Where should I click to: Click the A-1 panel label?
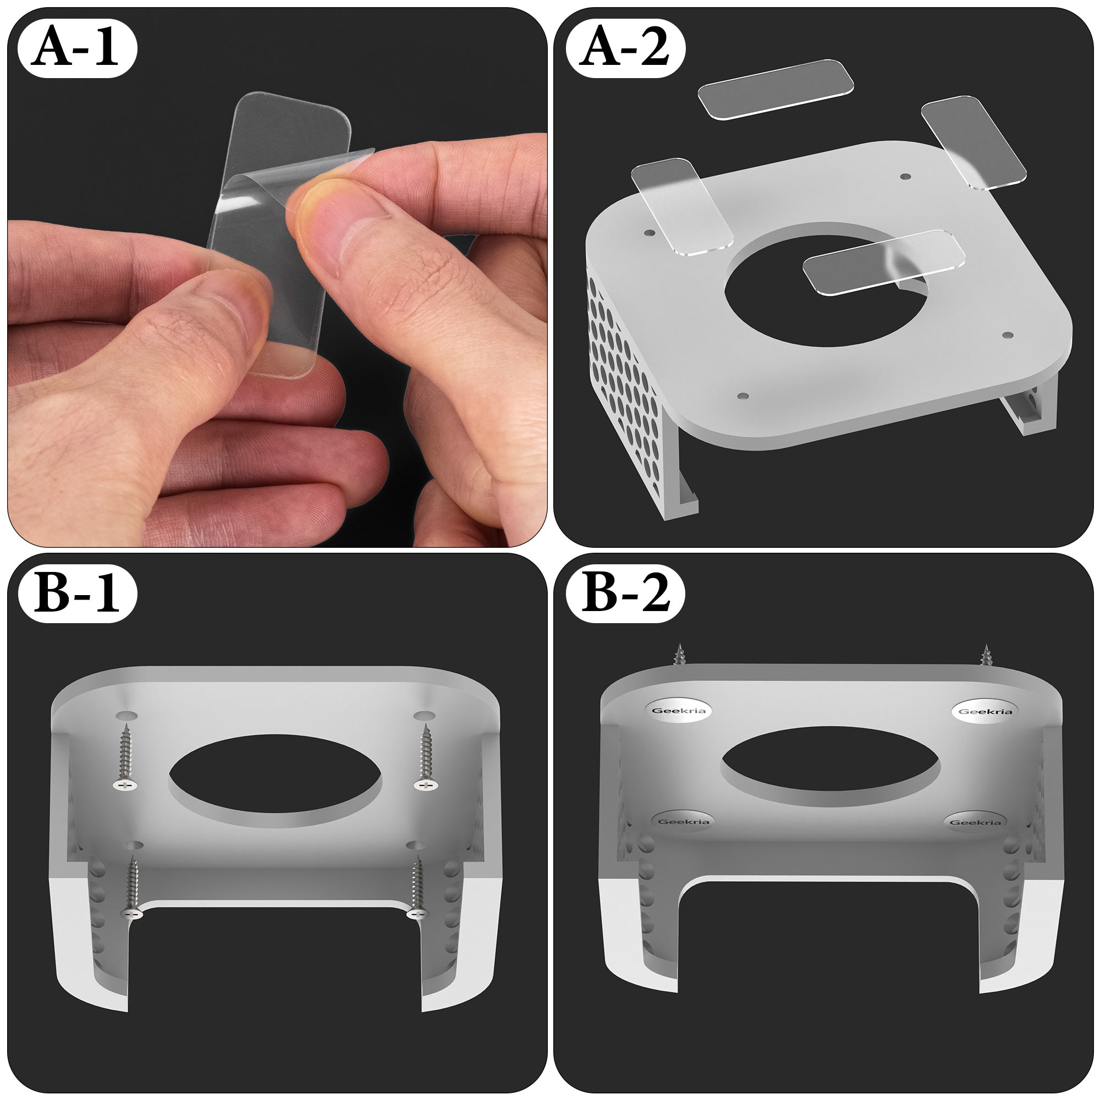coord(78,50)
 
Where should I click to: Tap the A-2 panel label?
coord(625,50)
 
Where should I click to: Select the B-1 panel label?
coord(78,595)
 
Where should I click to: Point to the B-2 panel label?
coord(625,595)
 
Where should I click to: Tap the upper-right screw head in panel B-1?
coord(426,785)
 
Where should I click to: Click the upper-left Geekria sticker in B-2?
coord(679,710)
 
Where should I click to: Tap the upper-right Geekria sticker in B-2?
coord(985,711)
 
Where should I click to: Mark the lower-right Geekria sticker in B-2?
coord(975,822)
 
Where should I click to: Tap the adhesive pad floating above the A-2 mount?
coord(776,90)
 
